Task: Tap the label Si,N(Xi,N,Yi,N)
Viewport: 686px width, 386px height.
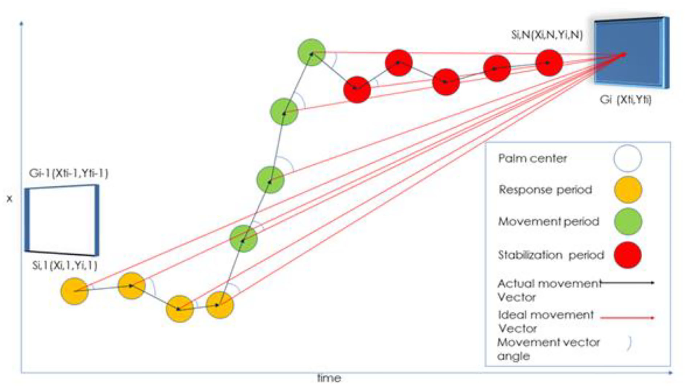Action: (x=547, y=35)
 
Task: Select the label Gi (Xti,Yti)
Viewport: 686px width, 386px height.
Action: (x=625, y=100)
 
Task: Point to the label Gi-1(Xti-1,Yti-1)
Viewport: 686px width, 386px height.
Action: (x=69, y=173)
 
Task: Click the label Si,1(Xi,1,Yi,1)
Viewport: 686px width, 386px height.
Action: (x=65, y=265)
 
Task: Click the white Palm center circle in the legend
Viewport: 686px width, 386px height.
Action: (x=627, y=158)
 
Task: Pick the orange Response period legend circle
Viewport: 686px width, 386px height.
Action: (x=628, y=190)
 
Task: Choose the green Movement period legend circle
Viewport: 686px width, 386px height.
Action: (x=628, y=221)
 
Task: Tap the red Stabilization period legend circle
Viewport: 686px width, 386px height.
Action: (x=627, y=255)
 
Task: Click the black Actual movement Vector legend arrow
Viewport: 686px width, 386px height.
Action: (x=627, y=283)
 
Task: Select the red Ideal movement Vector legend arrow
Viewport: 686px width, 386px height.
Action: (x=627, y=317)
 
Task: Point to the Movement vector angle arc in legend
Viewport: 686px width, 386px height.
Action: (x=629, y=343)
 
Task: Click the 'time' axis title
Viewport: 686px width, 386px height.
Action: (x=329, y=378)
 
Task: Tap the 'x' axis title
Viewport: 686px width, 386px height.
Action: (x=9, y=199)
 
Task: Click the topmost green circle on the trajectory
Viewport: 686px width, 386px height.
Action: (x=312, y=52)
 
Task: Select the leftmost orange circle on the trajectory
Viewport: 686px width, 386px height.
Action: (x=74, y=291)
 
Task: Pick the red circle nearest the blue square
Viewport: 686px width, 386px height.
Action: (x=549, y=62)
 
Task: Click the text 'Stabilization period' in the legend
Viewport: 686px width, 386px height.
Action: (x=551, y=255)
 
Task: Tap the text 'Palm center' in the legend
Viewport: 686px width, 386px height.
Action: (x=532, y=158)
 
